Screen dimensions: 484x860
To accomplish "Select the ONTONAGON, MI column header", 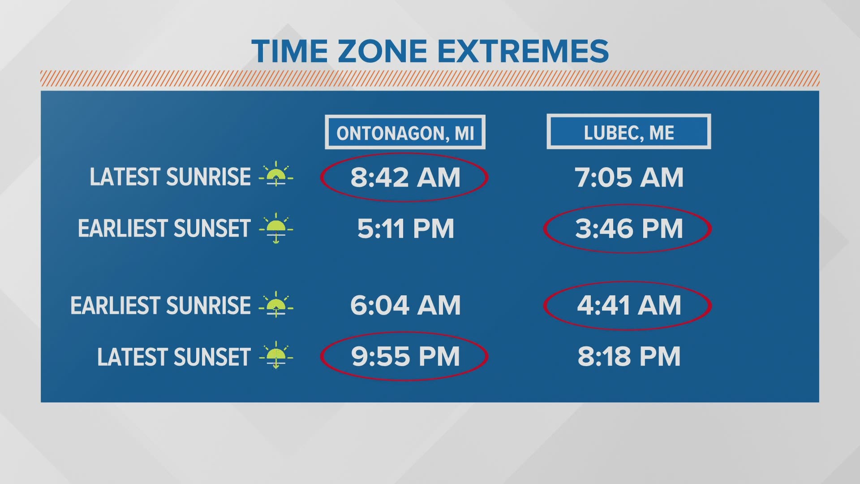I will [405, 133].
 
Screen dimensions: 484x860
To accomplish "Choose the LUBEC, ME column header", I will [628, 132].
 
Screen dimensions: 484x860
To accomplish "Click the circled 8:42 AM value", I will [405, 177].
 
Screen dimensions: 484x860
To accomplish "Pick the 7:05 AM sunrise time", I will [629, 177].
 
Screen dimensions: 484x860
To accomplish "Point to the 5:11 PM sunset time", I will [405, 229].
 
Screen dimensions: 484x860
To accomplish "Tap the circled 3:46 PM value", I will [628, 229].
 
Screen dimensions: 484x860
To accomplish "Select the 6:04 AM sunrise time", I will [405, 305].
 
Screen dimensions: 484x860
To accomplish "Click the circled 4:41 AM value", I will [628, 305].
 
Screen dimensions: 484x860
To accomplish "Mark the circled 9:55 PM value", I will [405, 357].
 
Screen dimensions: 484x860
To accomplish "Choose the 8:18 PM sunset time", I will [629, 357].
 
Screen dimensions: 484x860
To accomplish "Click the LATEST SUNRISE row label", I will [170, 177].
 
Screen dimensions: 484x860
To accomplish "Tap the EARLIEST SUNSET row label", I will [164, 229].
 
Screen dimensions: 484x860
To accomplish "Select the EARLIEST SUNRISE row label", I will [160, 306].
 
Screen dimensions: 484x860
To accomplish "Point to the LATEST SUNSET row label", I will [173, 357].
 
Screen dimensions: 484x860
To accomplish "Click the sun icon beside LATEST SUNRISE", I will [276, 174].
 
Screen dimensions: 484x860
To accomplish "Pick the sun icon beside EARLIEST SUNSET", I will [276, 228].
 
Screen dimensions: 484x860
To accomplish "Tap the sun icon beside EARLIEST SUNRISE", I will [276, 304].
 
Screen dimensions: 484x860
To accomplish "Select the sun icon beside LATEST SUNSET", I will [276, 355].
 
